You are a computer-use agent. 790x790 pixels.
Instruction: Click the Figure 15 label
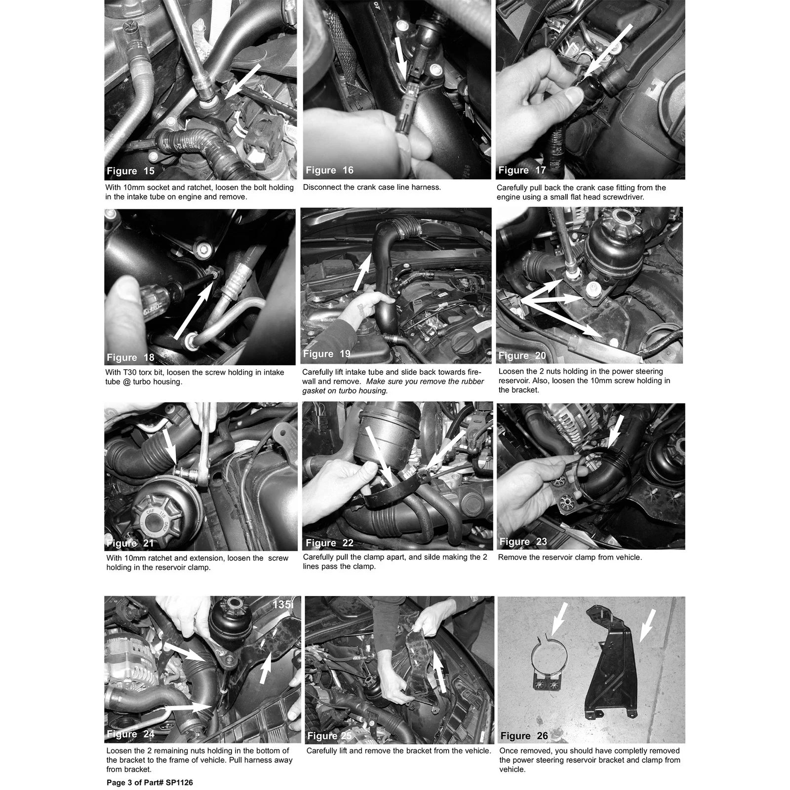[x=131, y=171]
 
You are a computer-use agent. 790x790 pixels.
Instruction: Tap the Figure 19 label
[x=327, y=354]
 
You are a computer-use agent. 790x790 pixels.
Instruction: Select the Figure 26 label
[x=524, y=736]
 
